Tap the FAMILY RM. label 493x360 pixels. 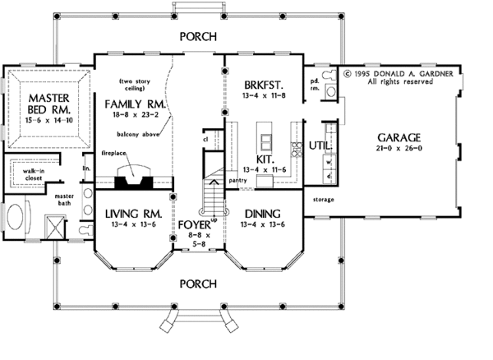tap(135, 105)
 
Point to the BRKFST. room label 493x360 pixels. tap(262, 84)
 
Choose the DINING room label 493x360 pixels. tap(261, 213)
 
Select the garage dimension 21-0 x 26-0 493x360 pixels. tap(399, 151)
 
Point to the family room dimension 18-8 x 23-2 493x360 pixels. tap(136, 118)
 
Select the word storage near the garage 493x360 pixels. tap(324, 199)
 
